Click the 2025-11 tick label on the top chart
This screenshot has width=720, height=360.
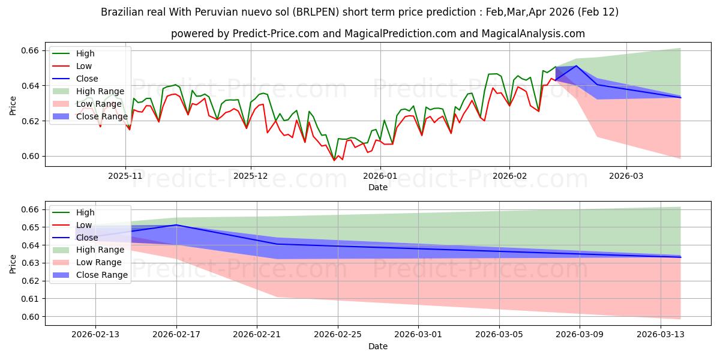coord(125,176)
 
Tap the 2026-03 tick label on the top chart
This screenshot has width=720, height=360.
coord(626,176)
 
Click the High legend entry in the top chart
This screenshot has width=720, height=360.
coord(85,53)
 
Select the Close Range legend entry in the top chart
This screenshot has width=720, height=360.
coord(101,116)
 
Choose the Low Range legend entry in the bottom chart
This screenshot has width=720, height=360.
coord(99,262)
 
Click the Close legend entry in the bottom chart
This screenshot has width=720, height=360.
coord(86,238)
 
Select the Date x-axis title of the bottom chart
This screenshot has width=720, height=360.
coord(378,346)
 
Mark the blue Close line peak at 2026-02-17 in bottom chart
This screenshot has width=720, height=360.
coord(176,225)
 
